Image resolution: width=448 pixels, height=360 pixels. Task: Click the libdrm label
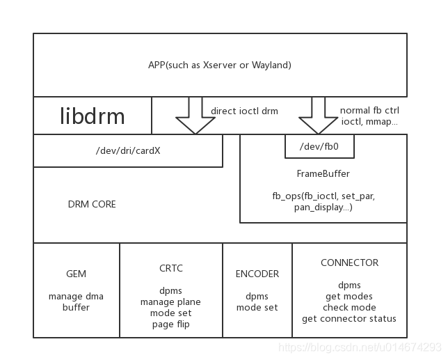point(93,116)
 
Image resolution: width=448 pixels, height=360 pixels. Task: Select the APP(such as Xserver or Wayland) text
point(220,65)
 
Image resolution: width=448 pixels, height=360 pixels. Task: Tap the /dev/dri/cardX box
point(128,151)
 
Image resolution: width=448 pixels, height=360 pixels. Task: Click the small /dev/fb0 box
point(319,147)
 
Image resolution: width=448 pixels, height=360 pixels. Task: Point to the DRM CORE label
point(92,204)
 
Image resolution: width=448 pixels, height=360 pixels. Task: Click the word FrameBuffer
point(323,173)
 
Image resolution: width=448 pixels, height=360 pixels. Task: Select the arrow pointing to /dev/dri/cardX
point(195,117)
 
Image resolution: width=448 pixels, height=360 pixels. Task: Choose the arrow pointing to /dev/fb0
point(318,117)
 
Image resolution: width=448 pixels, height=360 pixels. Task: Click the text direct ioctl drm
point(244,110)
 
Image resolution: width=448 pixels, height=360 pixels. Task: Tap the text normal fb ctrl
point(369,110)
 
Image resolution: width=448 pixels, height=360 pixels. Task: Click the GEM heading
point(76,274)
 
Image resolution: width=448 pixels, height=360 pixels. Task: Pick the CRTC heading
point(170,268)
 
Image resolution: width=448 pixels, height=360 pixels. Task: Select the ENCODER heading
point(257,274)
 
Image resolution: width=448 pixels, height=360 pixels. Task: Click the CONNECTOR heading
point(349,263)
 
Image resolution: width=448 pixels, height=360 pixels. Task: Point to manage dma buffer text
point(76,302)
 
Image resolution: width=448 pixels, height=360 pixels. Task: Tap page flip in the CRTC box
point(170,324)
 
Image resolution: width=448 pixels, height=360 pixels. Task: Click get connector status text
point(349,318)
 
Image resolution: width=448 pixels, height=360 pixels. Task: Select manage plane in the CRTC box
point(170,302)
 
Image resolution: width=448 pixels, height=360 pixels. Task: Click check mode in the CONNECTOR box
point(349,307)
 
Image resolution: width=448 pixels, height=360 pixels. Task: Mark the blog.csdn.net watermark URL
point(360,346)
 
